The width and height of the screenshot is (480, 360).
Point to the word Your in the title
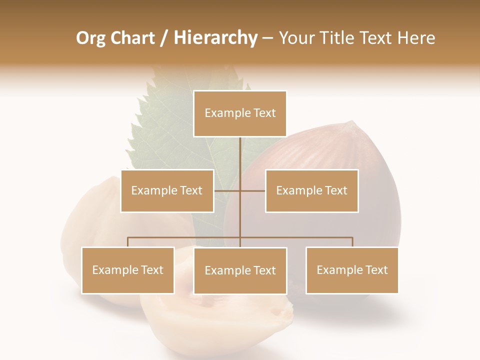(x=296, y=38)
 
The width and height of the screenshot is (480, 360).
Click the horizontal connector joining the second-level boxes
(x=252, y=190)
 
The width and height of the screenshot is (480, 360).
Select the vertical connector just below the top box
(x=240, y=152)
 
